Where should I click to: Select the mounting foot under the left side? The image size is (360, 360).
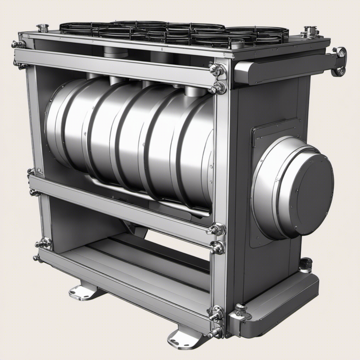(86, 292)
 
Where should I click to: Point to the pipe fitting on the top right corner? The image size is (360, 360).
(309, 31)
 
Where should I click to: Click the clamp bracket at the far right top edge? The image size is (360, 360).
(340, 61)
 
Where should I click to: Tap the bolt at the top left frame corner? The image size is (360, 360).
(18, 44)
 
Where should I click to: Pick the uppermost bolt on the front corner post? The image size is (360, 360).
(217, 70)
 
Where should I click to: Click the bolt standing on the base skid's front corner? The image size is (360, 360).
(240, 309)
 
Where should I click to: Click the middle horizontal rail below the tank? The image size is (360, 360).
(122, 204)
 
